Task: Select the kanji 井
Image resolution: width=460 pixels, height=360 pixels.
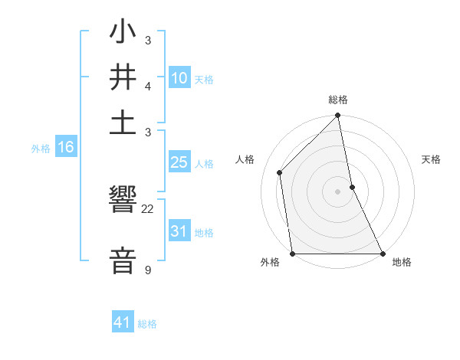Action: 123,80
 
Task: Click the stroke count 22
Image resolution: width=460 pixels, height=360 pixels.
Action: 148,208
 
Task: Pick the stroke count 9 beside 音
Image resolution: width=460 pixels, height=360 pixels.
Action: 147,270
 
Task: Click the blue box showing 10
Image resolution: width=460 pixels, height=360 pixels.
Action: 179,77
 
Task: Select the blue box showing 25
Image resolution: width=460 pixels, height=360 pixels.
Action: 179,162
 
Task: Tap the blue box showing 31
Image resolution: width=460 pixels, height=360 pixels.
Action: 179,231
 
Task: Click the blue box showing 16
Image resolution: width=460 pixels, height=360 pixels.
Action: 66,147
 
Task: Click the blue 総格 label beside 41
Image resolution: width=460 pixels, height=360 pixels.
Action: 147,324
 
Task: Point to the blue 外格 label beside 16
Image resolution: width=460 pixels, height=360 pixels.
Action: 41,149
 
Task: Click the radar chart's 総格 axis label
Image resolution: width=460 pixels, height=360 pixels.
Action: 338,100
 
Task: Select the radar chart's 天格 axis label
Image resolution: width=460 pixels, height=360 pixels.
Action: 431,159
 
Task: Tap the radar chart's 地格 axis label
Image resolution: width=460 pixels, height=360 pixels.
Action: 402,262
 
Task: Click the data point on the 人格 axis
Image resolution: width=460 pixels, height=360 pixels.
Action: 280,172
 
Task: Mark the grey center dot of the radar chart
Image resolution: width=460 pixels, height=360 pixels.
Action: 337,191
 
